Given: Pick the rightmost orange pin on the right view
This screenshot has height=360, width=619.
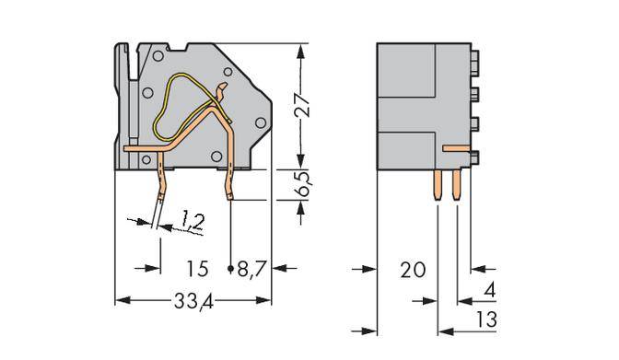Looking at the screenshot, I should click(x=457, y=185).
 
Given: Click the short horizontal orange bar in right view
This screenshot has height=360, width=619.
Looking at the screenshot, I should click(x=455, y=147).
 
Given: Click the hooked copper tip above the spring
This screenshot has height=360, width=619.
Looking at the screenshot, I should click(x=221, y=91).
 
